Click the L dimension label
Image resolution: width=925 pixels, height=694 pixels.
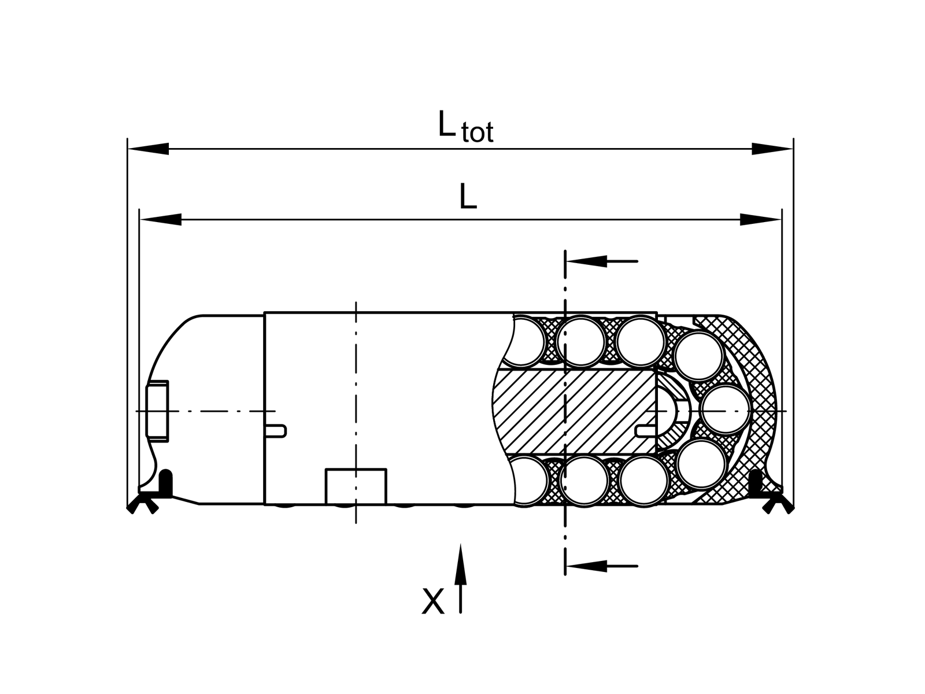[468, 198]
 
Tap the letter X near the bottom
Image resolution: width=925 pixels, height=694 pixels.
[433, 601]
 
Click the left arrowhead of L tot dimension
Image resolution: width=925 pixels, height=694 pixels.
[148, 149]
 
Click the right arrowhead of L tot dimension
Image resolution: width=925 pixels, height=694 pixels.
[772, 149]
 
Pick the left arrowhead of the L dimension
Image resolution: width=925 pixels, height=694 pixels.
[161, 219]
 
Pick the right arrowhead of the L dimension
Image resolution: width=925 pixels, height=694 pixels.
[760, 219]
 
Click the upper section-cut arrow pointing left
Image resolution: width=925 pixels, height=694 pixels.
[601, 261]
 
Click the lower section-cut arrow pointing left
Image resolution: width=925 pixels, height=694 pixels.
[601, 565]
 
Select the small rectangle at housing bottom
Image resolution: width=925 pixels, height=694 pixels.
[356, 486]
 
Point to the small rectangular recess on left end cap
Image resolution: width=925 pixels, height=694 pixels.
[157, 411]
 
